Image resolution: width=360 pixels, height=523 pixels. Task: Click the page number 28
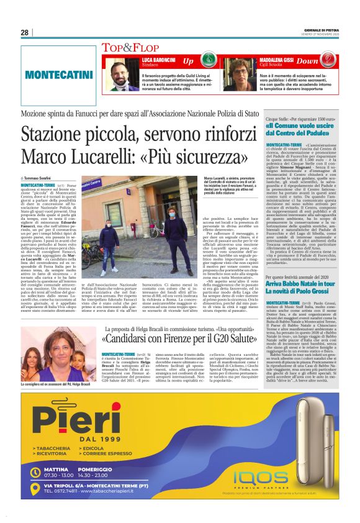(25, 32)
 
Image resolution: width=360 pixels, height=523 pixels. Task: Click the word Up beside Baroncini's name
(187, 61)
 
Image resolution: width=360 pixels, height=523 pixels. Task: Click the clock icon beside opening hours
(35, 471)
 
